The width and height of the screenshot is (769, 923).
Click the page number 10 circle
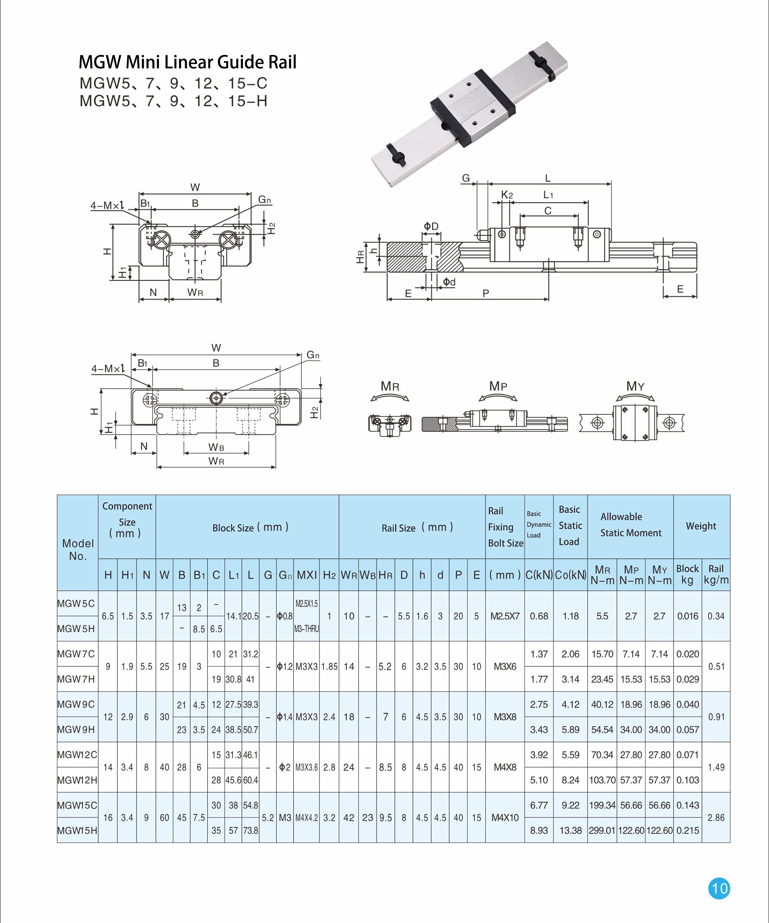[x=719, y=888]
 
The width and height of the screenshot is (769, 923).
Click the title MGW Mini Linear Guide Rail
[x=187, y=62]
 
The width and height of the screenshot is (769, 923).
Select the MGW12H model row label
[x=77, y=780]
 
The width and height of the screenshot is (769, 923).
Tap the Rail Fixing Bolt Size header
[x=505, y=527]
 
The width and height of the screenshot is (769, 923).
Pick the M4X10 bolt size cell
[x=505, y=818]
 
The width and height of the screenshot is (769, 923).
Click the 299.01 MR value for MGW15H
[x=602, y=830]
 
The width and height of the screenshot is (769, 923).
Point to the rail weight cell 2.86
[x=716, y=818]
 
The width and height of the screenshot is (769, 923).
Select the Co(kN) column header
[x=570, y=575]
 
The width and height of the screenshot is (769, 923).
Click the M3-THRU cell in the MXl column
[x=306, y=629]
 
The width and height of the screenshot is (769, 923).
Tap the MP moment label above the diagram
[x=498, y=386]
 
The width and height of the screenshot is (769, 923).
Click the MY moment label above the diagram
[x=635, y=386]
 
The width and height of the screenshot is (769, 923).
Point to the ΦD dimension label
[x=431, y=226]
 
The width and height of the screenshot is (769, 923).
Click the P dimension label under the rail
[x=486, y=293]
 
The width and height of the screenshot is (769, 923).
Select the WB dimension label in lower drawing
[x=216, y=447]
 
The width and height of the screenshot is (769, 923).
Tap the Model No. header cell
[x=78, y=549]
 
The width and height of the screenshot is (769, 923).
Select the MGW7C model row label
[x=76, y=654]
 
